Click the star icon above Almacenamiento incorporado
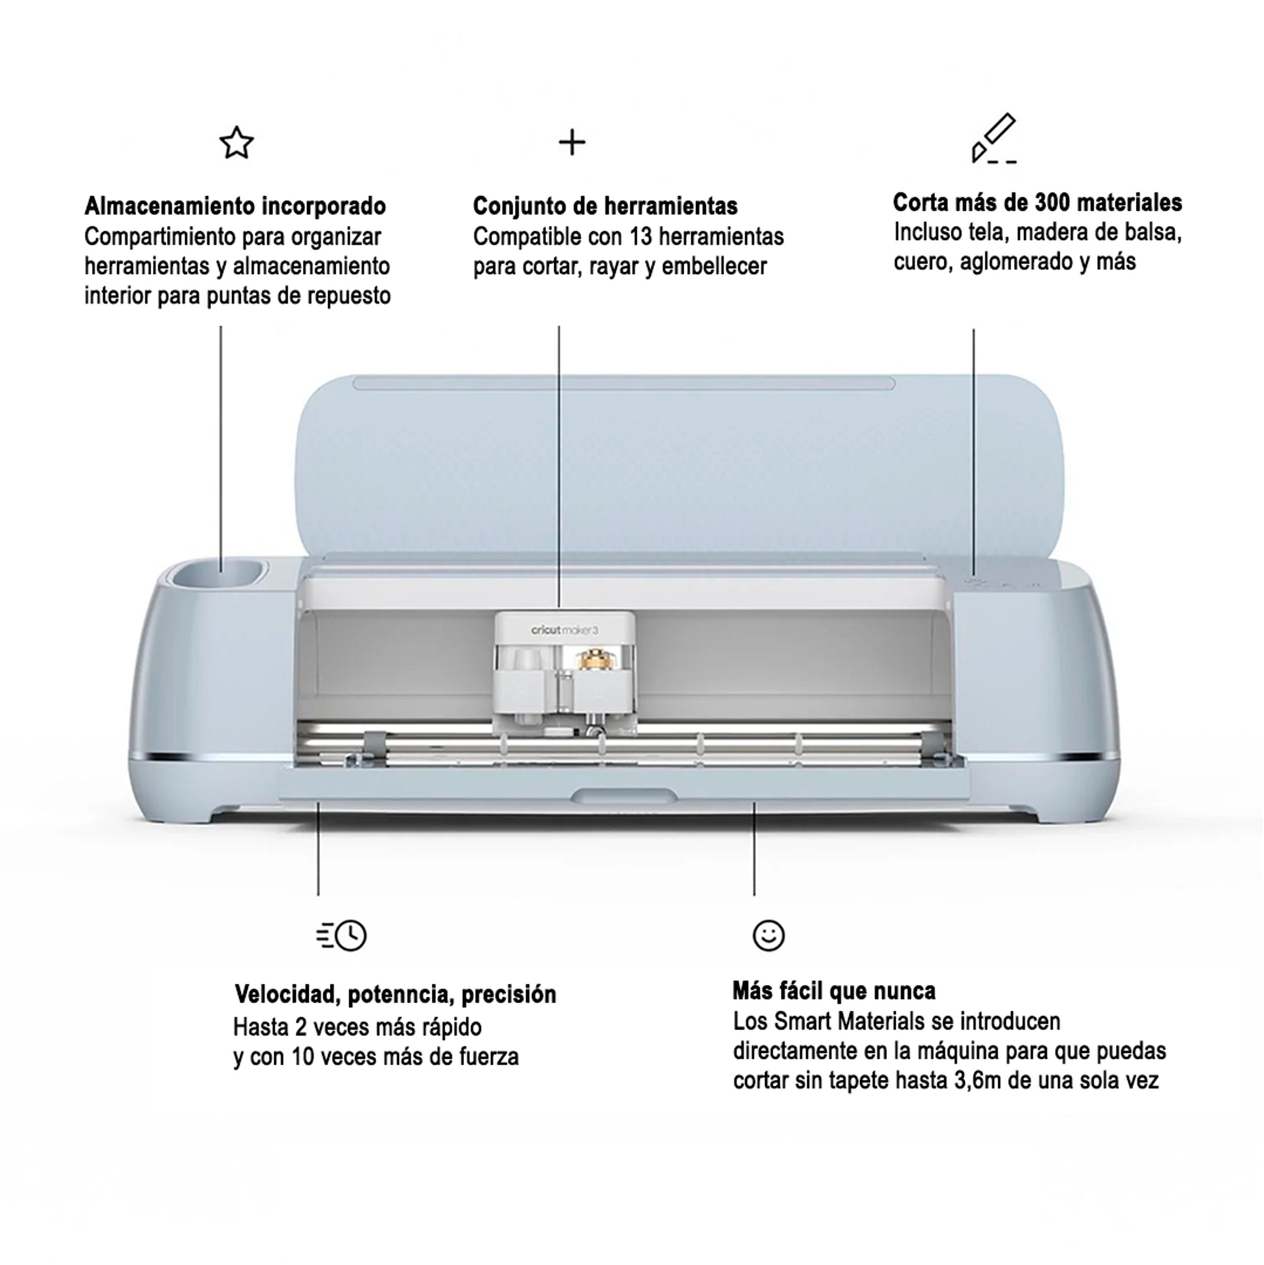[x=237, y=143]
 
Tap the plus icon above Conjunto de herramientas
[x=572, y=143]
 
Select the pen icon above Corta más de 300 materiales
[x=993, y=138]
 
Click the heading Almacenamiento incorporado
[x=235, y=206]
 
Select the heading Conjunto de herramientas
[x=605, y=206]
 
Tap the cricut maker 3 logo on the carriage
[x=565, y=630]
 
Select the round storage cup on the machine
[x=218, y=576]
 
